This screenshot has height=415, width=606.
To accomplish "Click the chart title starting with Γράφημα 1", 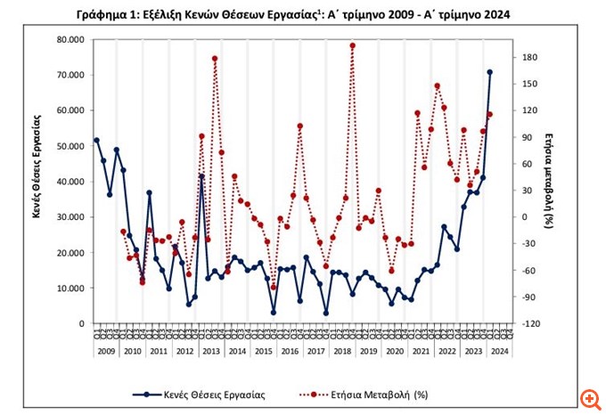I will click(x=303, y=13).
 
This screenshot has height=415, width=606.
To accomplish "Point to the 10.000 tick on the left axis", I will click(x=70, y=289).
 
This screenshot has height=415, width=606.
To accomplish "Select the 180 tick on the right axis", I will click(x=531, y=57).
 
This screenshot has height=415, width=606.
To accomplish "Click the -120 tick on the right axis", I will click(x=531, y=324).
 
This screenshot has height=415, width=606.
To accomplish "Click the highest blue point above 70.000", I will click(x=489, y=72).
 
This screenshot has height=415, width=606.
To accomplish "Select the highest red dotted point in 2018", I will click(x=352, y=45).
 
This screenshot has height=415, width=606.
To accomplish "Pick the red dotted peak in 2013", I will click(x=215, y=59).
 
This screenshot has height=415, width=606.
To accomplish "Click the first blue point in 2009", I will click(x=96, y=140).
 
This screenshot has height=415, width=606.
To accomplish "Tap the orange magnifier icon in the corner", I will click(x=588, y=397).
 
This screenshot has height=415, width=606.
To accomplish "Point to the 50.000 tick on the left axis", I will click(x=70, y=146).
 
